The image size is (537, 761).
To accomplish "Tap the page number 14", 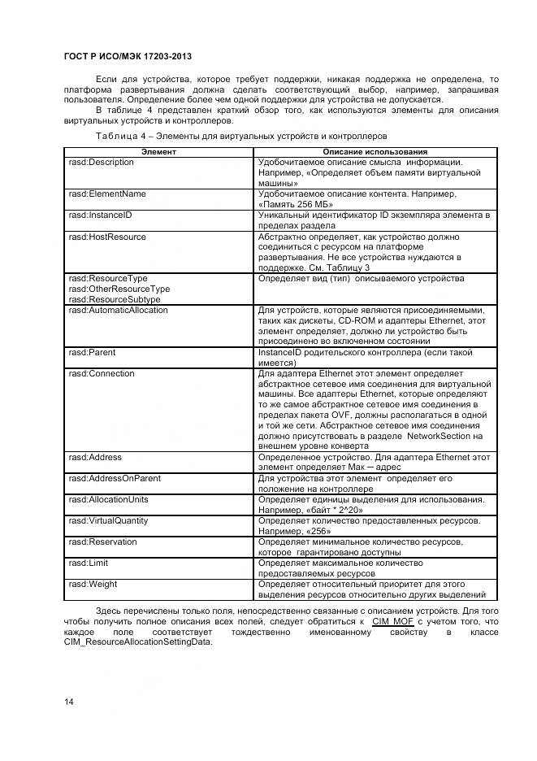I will click(x=69, y=701).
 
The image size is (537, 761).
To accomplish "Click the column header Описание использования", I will click(x=375, y=152).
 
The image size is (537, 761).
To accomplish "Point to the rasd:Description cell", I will click(x=102, y=163).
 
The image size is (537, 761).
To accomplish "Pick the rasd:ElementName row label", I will click(x=107, y=194).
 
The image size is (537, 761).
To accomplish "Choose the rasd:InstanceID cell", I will click(x=101, y=215).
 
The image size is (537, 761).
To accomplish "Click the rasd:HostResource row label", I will click(x=107, y=237).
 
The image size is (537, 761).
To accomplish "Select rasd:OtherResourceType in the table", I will click(x=119, y=289).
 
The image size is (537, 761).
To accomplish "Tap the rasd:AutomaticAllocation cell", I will click(x=119, y=311).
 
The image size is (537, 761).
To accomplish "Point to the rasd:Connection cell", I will click(x=102, y=374).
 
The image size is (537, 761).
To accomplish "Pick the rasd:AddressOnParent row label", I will click(x=115, y=479).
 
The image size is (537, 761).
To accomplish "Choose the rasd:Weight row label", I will click(x=93, y=585).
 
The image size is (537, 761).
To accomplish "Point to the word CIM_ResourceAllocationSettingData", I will click(x=137, y=641).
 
